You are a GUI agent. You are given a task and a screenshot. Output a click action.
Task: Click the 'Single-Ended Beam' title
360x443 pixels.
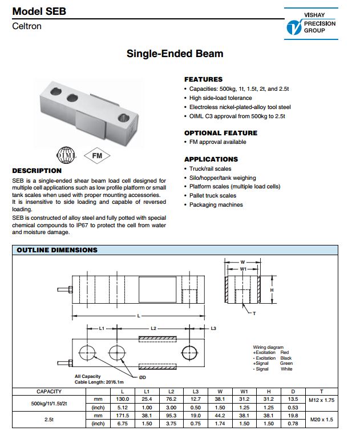pos(175,54)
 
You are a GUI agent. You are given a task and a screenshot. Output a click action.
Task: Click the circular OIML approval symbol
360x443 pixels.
pos(64,155)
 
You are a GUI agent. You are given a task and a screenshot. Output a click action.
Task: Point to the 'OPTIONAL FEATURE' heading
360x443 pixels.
pos(220,133)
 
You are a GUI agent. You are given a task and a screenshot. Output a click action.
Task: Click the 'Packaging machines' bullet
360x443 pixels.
pos(216,205)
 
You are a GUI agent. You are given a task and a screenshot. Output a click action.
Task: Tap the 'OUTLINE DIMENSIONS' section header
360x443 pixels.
pos(57,250)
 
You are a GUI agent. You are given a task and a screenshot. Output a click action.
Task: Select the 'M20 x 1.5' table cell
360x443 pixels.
pos(322,420)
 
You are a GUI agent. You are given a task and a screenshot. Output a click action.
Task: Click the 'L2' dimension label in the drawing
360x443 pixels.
pos(153,329)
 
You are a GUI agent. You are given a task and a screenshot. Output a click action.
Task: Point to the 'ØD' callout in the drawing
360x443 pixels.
pos(143,377)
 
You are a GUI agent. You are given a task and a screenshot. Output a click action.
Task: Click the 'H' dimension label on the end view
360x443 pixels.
pos(272,289)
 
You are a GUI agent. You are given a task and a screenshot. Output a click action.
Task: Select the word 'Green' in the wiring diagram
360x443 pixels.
pos(286,364)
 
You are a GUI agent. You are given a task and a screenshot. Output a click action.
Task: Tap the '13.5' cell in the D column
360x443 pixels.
pos(293,400)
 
